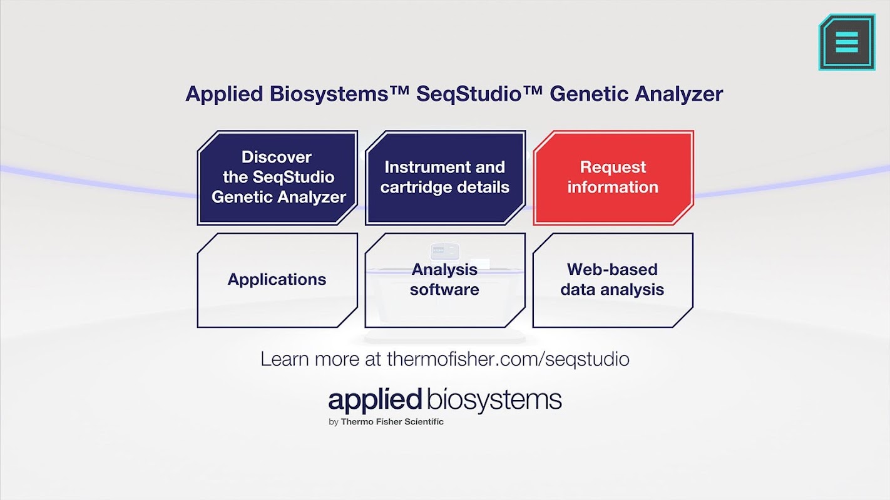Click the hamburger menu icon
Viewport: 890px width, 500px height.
tap(847, 42)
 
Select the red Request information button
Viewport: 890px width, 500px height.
tap(613, 177)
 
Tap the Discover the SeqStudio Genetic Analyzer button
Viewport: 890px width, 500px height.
tap(277, 177)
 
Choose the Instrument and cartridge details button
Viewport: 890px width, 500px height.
tap(445, 177)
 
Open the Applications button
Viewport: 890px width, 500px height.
tap(277, 280)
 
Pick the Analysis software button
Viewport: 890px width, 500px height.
tap(445, 280)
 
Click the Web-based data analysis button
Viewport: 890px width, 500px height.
tap(613, 280)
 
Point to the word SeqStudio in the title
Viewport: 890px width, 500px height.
tap(469, 94)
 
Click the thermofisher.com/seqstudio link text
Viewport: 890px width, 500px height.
tap(508, 359)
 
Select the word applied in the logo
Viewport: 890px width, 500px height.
tap(375, 401)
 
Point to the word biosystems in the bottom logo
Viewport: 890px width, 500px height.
tap(494, 401)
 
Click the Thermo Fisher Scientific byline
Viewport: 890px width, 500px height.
tap(392, 422)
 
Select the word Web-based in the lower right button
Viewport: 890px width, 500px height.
tap(612, 270)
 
